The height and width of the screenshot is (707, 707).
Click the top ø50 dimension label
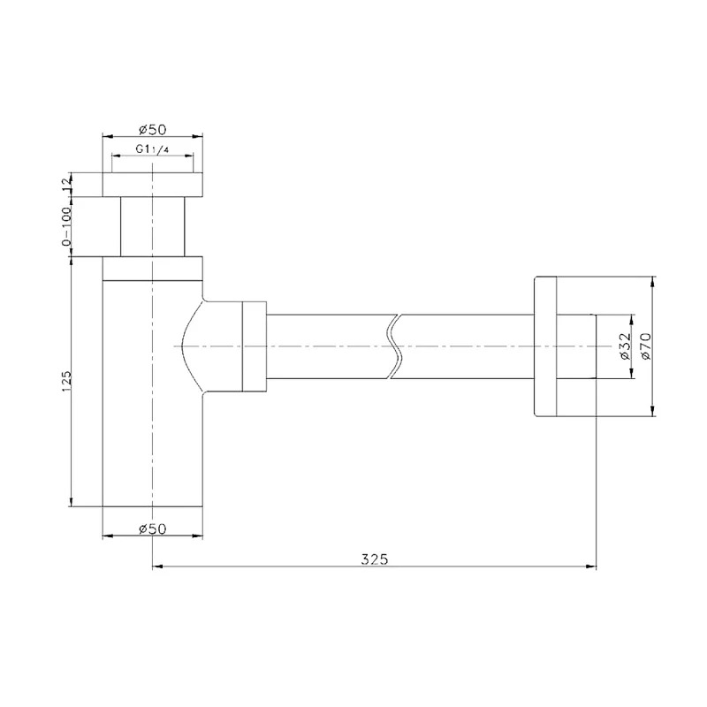pos(153,129)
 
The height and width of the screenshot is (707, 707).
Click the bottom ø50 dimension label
pos(153,528)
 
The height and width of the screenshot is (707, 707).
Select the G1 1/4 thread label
pos(152,148)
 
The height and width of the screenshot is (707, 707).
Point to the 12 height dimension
pos(67,184)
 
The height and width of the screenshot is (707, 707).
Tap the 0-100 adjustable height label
pos(67,227)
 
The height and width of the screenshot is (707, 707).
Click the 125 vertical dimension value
pos(67,381)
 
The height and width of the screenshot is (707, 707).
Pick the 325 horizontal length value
pos(374,559)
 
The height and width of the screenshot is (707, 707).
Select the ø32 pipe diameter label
pos(625,346)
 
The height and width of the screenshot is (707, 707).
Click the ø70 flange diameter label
pos(646,346)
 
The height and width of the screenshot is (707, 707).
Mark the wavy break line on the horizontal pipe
pos(393,346)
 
